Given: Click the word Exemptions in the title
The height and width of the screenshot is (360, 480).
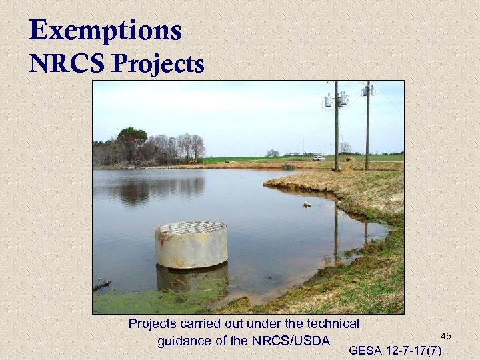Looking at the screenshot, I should point(105,31).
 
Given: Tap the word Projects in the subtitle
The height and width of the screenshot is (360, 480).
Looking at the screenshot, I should point(159,64).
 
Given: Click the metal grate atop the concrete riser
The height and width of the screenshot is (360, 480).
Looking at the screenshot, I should point(191,227).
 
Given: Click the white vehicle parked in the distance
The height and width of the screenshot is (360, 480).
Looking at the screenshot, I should point(319,158).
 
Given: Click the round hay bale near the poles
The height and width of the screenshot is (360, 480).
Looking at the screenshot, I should point(349,159).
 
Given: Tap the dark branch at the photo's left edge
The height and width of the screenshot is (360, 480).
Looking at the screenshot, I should point(101,286).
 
